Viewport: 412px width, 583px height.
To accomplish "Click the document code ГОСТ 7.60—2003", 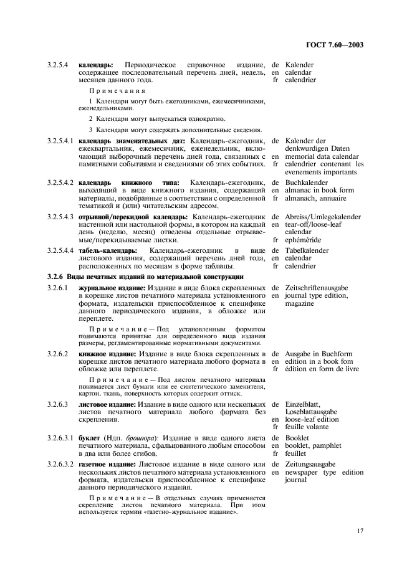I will click(x=335, y=44).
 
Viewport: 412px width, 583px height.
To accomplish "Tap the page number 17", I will click(x=360, y=531).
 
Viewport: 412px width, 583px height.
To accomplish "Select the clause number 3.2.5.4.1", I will click(x=60, y=141).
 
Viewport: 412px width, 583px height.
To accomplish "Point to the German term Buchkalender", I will click(x=307, y=182).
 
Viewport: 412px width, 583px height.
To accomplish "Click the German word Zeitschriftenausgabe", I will click(x=317, y=288).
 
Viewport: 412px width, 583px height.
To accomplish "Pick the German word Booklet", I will click(x=297, y=438).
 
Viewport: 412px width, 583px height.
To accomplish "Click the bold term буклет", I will click(x=89, y=438).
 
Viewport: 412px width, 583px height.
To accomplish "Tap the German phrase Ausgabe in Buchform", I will click(x=319, y=354).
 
